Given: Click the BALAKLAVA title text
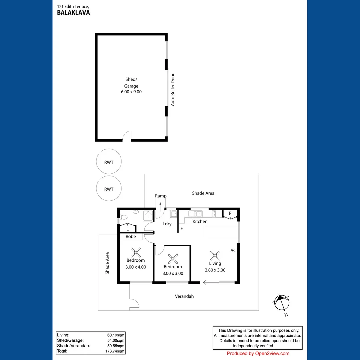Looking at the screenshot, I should [73, 13].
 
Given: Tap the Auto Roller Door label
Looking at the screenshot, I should [173, 90].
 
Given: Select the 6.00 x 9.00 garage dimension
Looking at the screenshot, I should [131, 92].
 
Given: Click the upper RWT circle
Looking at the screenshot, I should [109, 162].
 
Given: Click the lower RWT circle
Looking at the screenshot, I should [109, 189].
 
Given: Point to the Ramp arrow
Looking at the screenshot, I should [160, 204].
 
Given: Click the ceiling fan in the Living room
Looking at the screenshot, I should [215, 256].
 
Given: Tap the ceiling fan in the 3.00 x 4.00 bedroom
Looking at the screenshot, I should [135, 252].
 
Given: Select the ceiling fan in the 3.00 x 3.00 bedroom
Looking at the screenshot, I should [173, 259].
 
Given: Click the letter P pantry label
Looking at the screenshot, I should [230, 213].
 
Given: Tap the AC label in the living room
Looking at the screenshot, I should [233, 250].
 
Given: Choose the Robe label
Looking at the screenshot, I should [131, 237].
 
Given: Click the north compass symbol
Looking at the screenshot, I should [282, 303].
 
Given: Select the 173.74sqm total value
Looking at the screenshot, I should [115, 351].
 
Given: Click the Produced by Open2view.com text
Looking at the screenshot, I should [258, 353].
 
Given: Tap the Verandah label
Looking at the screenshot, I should [184, 296].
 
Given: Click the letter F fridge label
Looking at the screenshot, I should [182, 229].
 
